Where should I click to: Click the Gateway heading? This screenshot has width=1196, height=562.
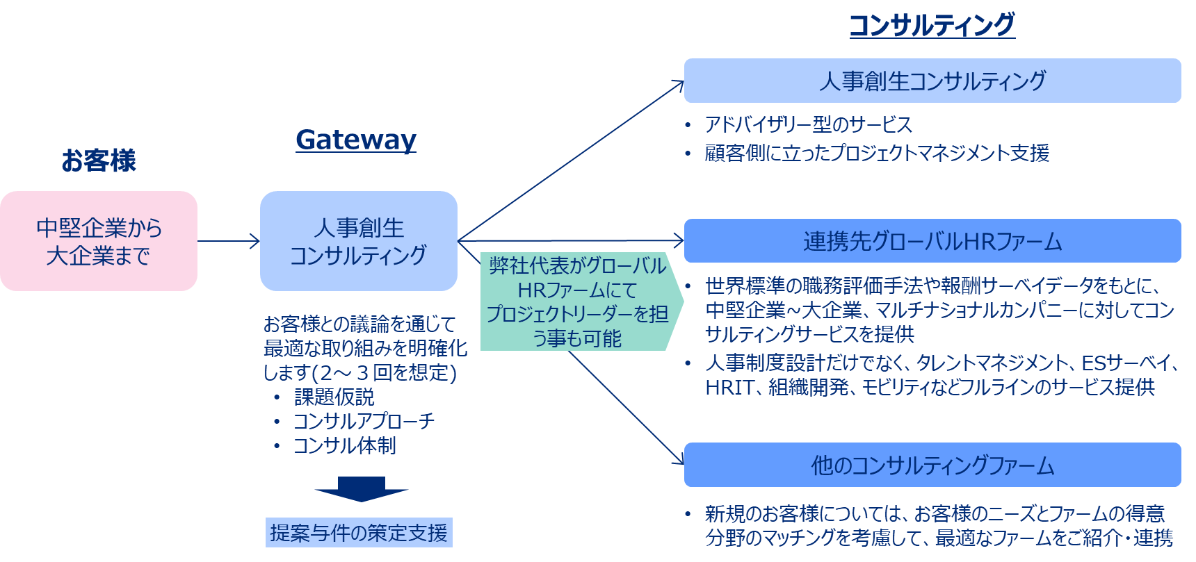[x=355, y=140]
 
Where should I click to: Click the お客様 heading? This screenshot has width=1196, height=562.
[x=98, y=160]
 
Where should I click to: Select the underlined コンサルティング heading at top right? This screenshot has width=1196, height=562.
[x=932, y=25]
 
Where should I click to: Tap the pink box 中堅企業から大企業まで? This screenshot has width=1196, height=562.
[x=99, y=241]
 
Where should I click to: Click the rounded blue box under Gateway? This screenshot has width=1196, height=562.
[x=358, y=241]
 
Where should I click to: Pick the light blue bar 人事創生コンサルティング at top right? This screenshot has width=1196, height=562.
[x=932, y=81]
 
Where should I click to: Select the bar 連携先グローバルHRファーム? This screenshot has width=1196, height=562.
[x=932, y=241]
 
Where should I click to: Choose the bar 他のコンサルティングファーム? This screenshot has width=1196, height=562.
[x=932, y=465]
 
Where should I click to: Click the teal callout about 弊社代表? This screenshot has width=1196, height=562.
[x=577, y=301]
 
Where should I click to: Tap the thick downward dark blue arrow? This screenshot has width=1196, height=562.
[x=361, y=488]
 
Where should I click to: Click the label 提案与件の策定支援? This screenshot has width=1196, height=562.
[x=359, y=533]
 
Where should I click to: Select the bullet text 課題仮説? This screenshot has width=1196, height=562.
[x=334, y=397]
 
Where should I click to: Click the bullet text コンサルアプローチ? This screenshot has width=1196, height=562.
[x=364, y=421]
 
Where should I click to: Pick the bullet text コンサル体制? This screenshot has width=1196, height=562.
[x=344, y=445]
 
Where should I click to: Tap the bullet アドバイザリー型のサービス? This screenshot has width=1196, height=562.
[x=808, y=125]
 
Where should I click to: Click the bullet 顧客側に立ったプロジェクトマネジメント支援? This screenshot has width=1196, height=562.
[x=876, y=153]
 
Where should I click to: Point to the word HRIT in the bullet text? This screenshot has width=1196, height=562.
[x=729, y=387]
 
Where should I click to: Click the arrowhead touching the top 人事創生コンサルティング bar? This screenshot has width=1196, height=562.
[x=679, y=84]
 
